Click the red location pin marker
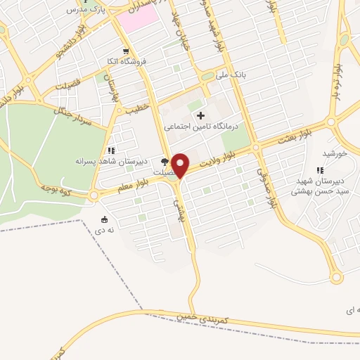click(181, 165)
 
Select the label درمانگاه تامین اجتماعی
click(202, 127)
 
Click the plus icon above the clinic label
click(201, 115)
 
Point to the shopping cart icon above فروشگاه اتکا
click(125, 51)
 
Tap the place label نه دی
click(105, 229)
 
